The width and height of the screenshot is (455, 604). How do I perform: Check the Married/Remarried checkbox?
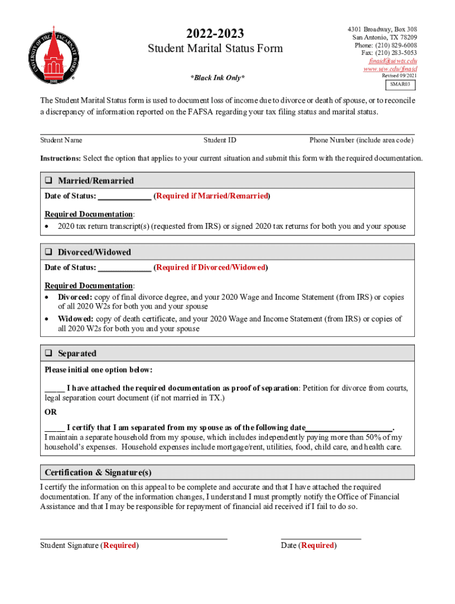tap(49, 181)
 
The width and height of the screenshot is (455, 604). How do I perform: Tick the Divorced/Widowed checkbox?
tap(49, 252)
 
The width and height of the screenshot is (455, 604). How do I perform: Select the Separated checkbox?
tap(49, 354)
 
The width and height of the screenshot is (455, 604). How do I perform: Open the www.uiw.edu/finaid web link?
tap(390, 68)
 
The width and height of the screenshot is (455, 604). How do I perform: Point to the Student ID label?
tap(220, 140)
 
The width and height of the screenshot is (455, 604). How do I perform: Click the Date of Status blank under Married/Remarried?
tap(124, 196)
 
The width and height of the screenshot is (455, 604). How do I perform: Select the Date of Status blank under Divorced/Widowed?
tap(124, 268)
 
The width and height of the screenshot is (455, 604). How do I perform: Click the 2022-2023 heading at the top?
tap(215, 34)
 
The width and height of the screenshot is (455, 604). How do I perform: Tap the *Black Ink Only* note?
tap(217, 78)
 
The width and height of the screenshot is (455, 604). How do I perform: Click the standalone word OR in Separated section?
tap(51, 412)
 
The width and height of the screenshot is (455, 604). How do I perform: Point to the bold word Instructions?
tap(60, 159)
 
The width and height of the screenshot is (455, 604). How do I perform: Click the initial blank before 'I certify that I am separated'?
tap(54, 428)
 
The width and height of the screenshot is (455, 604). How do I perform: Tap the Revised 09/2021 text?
tap(399, 76)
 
